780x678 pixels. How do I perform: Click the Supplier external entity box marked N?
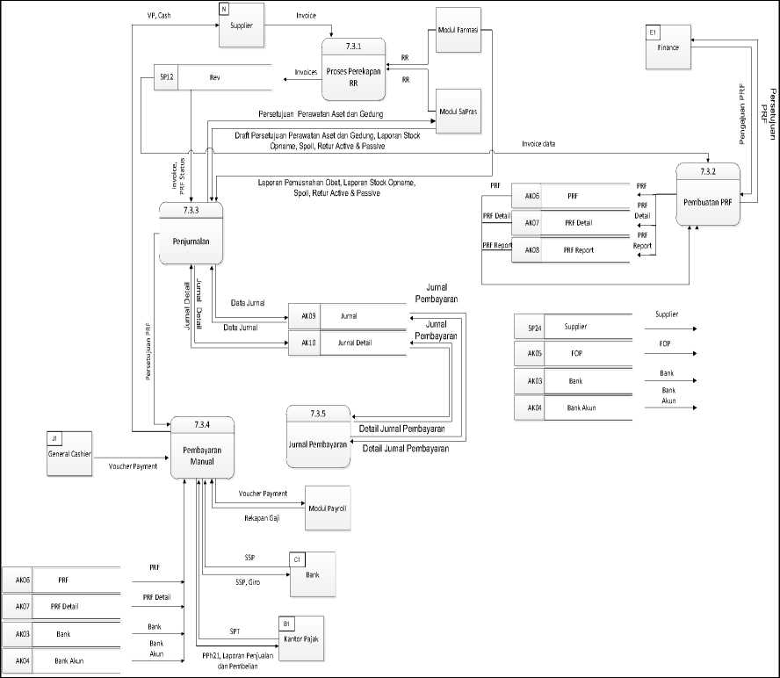(x=242, y=25)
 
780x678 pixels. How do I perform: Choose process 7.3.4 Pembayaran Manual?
(x=201, y=448)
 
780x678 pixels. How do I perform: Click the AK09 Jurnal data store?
(x=347, y=315)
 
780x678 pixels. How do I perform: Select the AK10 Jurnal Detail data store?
(x=347, y=343)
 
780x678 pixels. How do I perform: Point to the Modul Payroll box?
(x=327, y=508)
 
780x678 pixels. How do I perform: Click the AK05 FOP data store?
(x=574, y=354)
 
